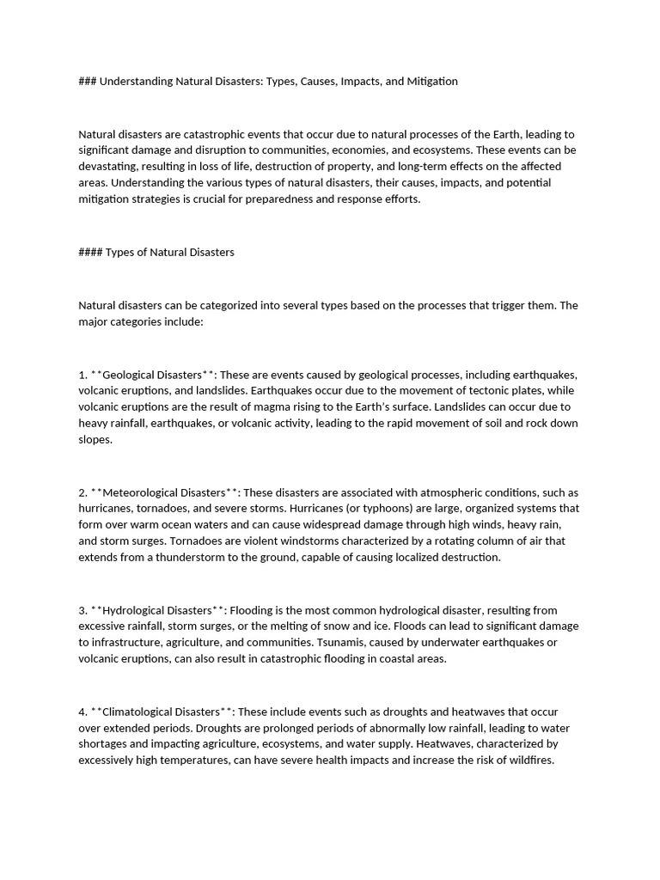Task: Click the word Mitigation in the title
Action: click(x=430, y=81)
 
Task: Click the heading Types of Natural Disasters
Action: click(x=169, y=253)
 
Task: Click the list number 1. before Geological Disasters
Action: click(x=83, y=375)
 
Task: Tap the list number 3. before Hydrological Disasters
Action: click(x=83, y=610)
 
